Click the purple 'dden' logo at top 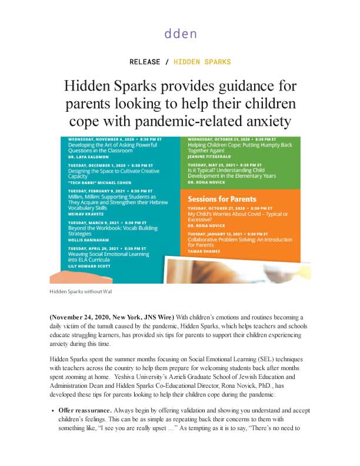tap(180, 34)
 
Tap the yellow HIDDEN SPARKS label tap(202, 62)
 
